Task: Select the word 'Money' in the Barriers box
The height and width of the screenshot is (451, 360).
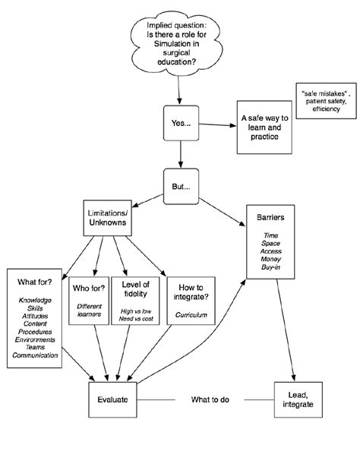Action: [270, 259]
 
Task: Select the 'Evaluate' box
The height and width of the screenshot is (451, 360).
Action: [112, 398]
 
